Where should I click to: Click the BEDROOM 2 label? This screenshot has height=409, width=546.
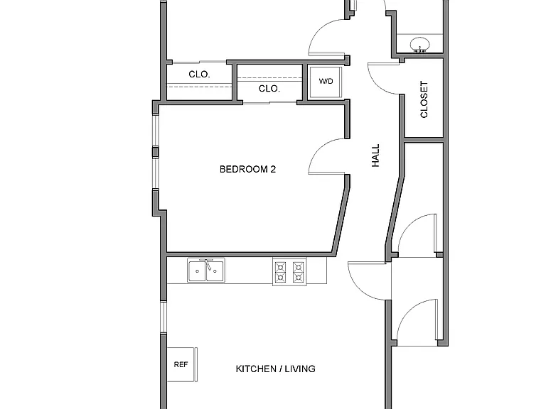coord(247,169)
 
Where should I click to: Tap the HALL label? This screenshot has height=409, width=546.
coord(375,156)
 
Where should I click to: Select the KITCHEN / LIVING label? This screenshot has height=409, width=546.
coord(275,369)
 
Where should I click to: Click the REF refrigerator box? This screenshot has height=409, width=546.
coord(182,364)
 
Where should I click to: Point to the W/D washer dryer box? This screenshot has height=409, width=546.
coord(326,82)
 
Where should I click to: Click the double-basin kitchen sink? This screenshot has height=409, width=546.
coord(206,271)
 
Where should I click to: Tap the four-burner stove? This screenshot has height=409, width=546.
coord(289,272)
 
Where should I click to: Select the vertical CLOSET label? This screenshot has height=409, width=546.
coord(424,99)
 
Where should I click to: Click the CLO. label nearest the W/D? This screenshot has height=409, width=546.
coord(269,89)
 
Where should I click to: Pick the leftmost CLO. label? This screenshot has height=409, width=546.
coord(199,74)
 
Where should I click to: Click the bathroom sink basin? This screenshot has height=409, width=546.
coord(419,45)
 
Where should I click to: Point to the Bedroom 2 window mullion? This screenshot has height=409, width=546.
coord(155,153)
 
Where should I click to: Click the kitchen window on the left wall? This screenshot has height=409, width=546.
coord(163,317)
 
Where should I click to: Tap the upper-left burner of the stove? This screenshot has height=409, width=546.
coord(281,267)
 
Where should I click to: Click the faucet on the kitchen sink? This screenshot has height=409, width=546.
coord(208,265)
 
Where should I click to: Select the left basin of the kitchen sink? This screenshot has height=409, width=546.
coord(197,271)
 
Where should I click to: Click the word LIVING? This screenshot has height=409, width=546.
coord(300,369)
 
